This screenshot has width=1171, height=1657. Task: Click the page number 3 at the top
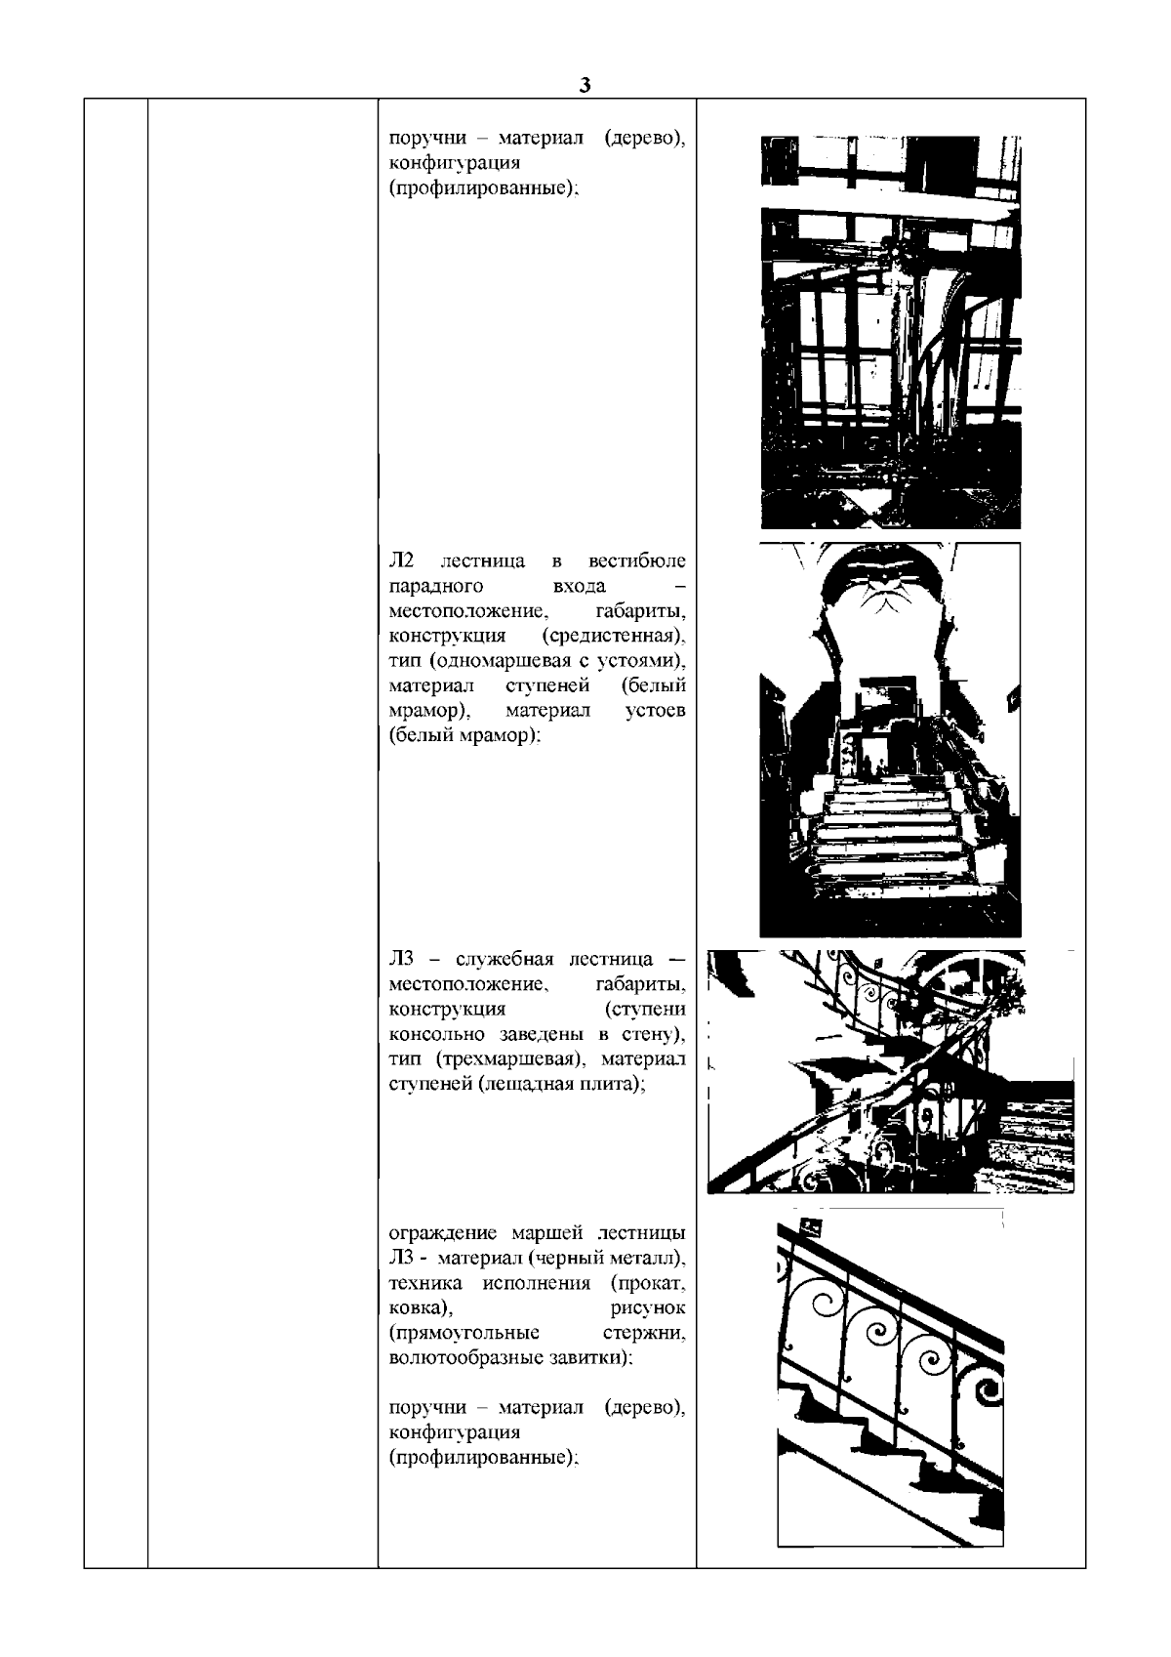[x=584, y=85]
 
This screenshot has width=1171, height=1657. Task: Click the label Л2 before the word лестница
[x=401, y=561]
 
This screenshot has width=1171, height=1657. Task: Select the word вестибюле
[x=637, y=561]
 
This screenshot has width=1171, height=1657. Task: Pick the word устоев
[x=654, y=711]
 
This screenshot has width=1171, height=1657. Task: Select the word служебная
[x=505, y=959]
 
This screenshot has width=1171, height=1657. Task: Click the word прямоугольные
[x=464, y=1333]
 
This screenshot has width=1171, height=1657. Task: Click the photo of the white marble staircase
[x=890, y=739]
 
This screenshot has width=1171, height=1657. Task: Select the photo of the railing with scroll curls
[x=890, y=1378]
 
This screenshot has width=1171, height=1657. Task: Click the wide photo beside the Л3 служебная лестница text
[x=890, y=1071]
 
